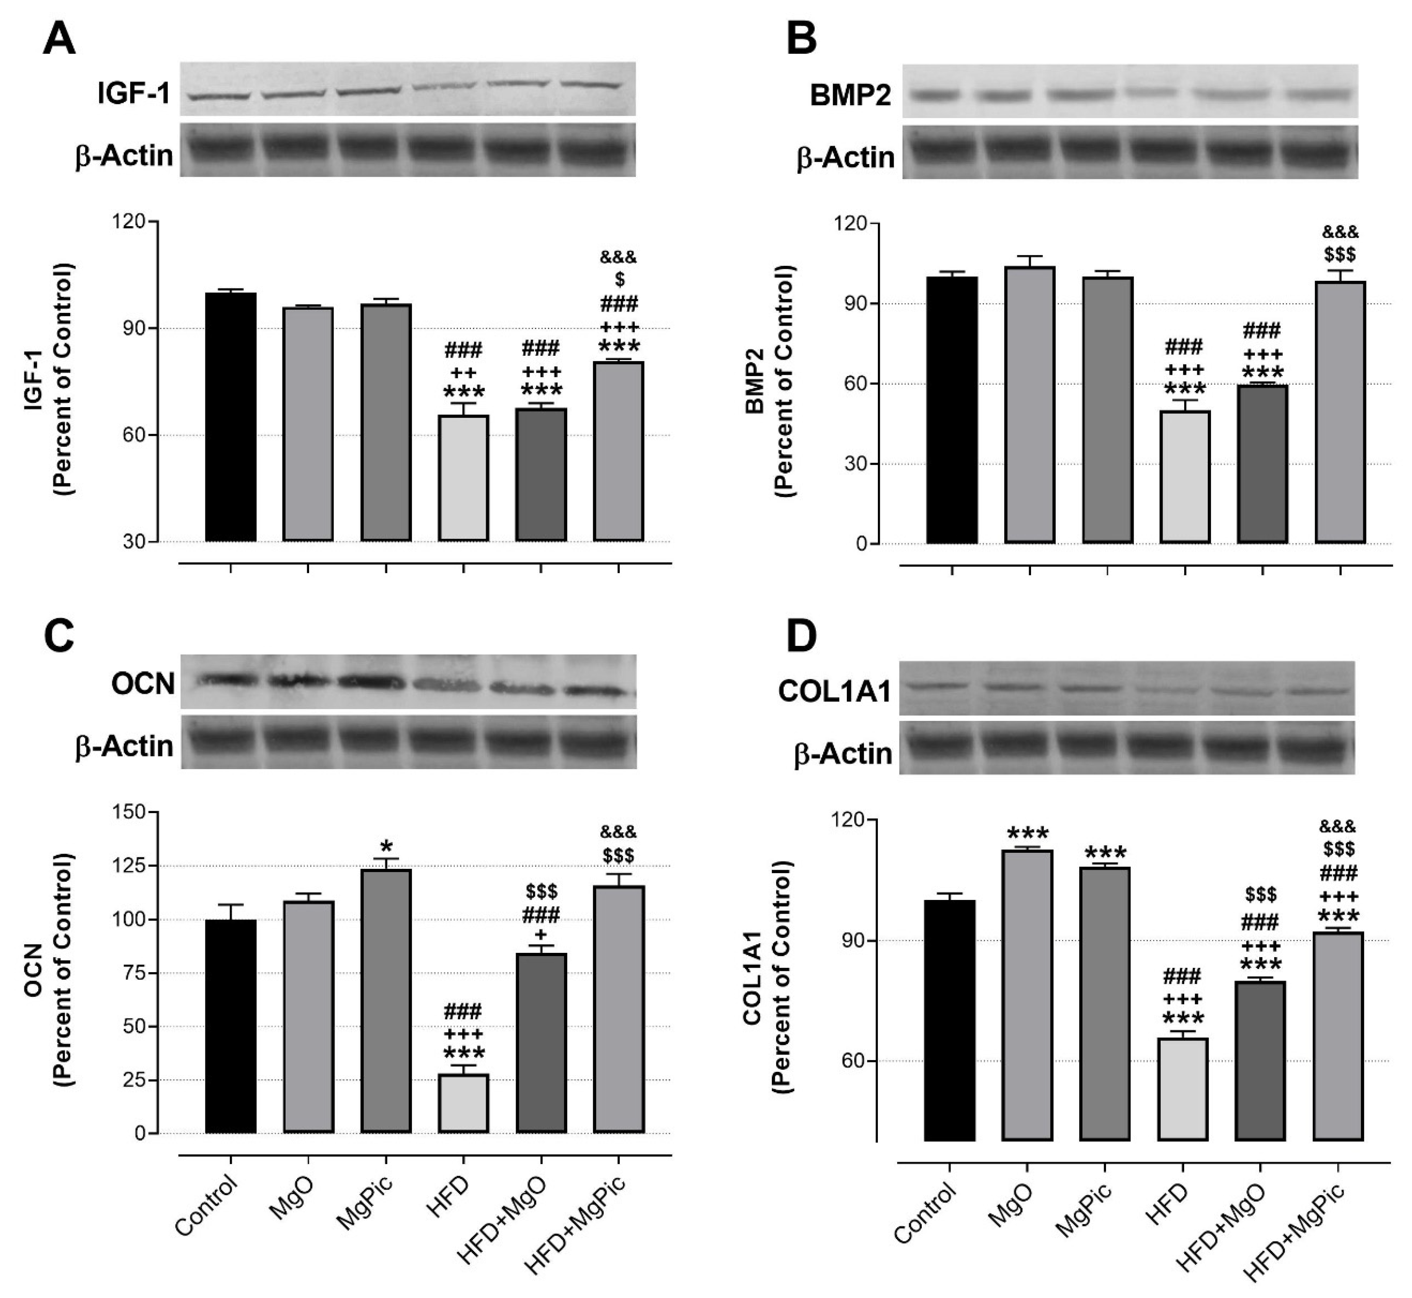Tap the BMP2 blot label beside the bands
(850, 95)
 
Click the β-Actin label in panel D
(843, 754)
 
